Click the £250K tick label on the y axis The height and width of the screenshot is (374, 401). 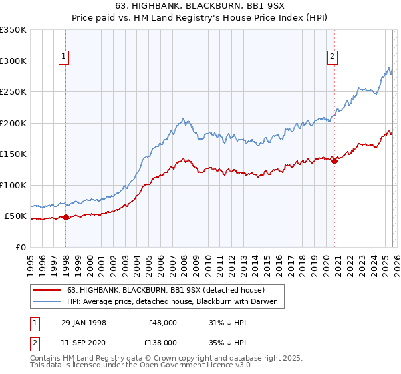[13, 92]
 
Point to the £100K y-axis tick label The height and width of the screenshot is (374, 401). [13, 185]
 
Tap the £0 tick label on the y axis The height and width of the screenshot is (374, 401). [21, 247]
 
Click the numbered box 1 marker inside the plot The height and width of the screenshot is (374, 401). [64, 57]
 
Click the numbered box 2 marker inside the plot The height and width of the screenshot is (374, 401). [332, 57]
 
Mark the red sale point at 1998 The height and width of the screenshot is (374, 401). [66, 217]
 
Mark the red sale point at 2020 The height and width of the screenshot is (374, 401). [334, 161]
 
